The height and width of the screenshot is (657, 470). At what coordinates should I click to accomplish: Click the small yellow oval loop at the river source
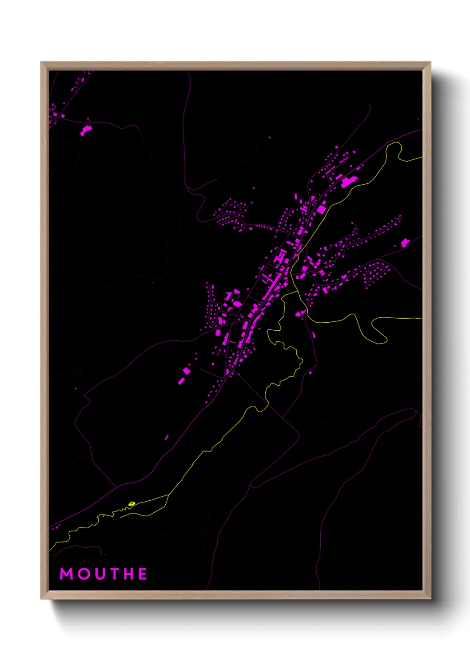tap(131, 503)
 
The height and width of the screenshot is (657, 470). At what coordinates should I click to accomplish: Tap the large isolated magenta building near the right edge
tap(405, 243)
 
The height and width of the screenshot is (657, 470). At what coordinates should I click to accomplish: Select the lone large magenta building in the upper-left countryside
tap(86, 130)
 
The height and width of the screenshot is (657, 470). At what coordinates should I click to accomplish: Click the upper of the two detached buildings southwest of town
tap(187, 370)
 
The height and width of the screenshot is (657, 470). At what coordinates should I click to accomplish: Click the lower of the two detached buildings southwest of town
tap(181, 381)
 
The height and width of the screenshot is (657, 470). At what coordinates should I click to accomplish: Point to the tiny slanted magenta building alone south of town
tap(167, 437)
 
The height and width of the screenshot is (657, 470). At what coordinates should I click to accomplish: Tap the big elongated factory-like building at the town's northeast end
tap(348, 182)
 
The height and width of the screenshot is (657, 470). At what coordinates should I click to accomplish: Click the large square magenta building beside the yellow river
tap(321, 209)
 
